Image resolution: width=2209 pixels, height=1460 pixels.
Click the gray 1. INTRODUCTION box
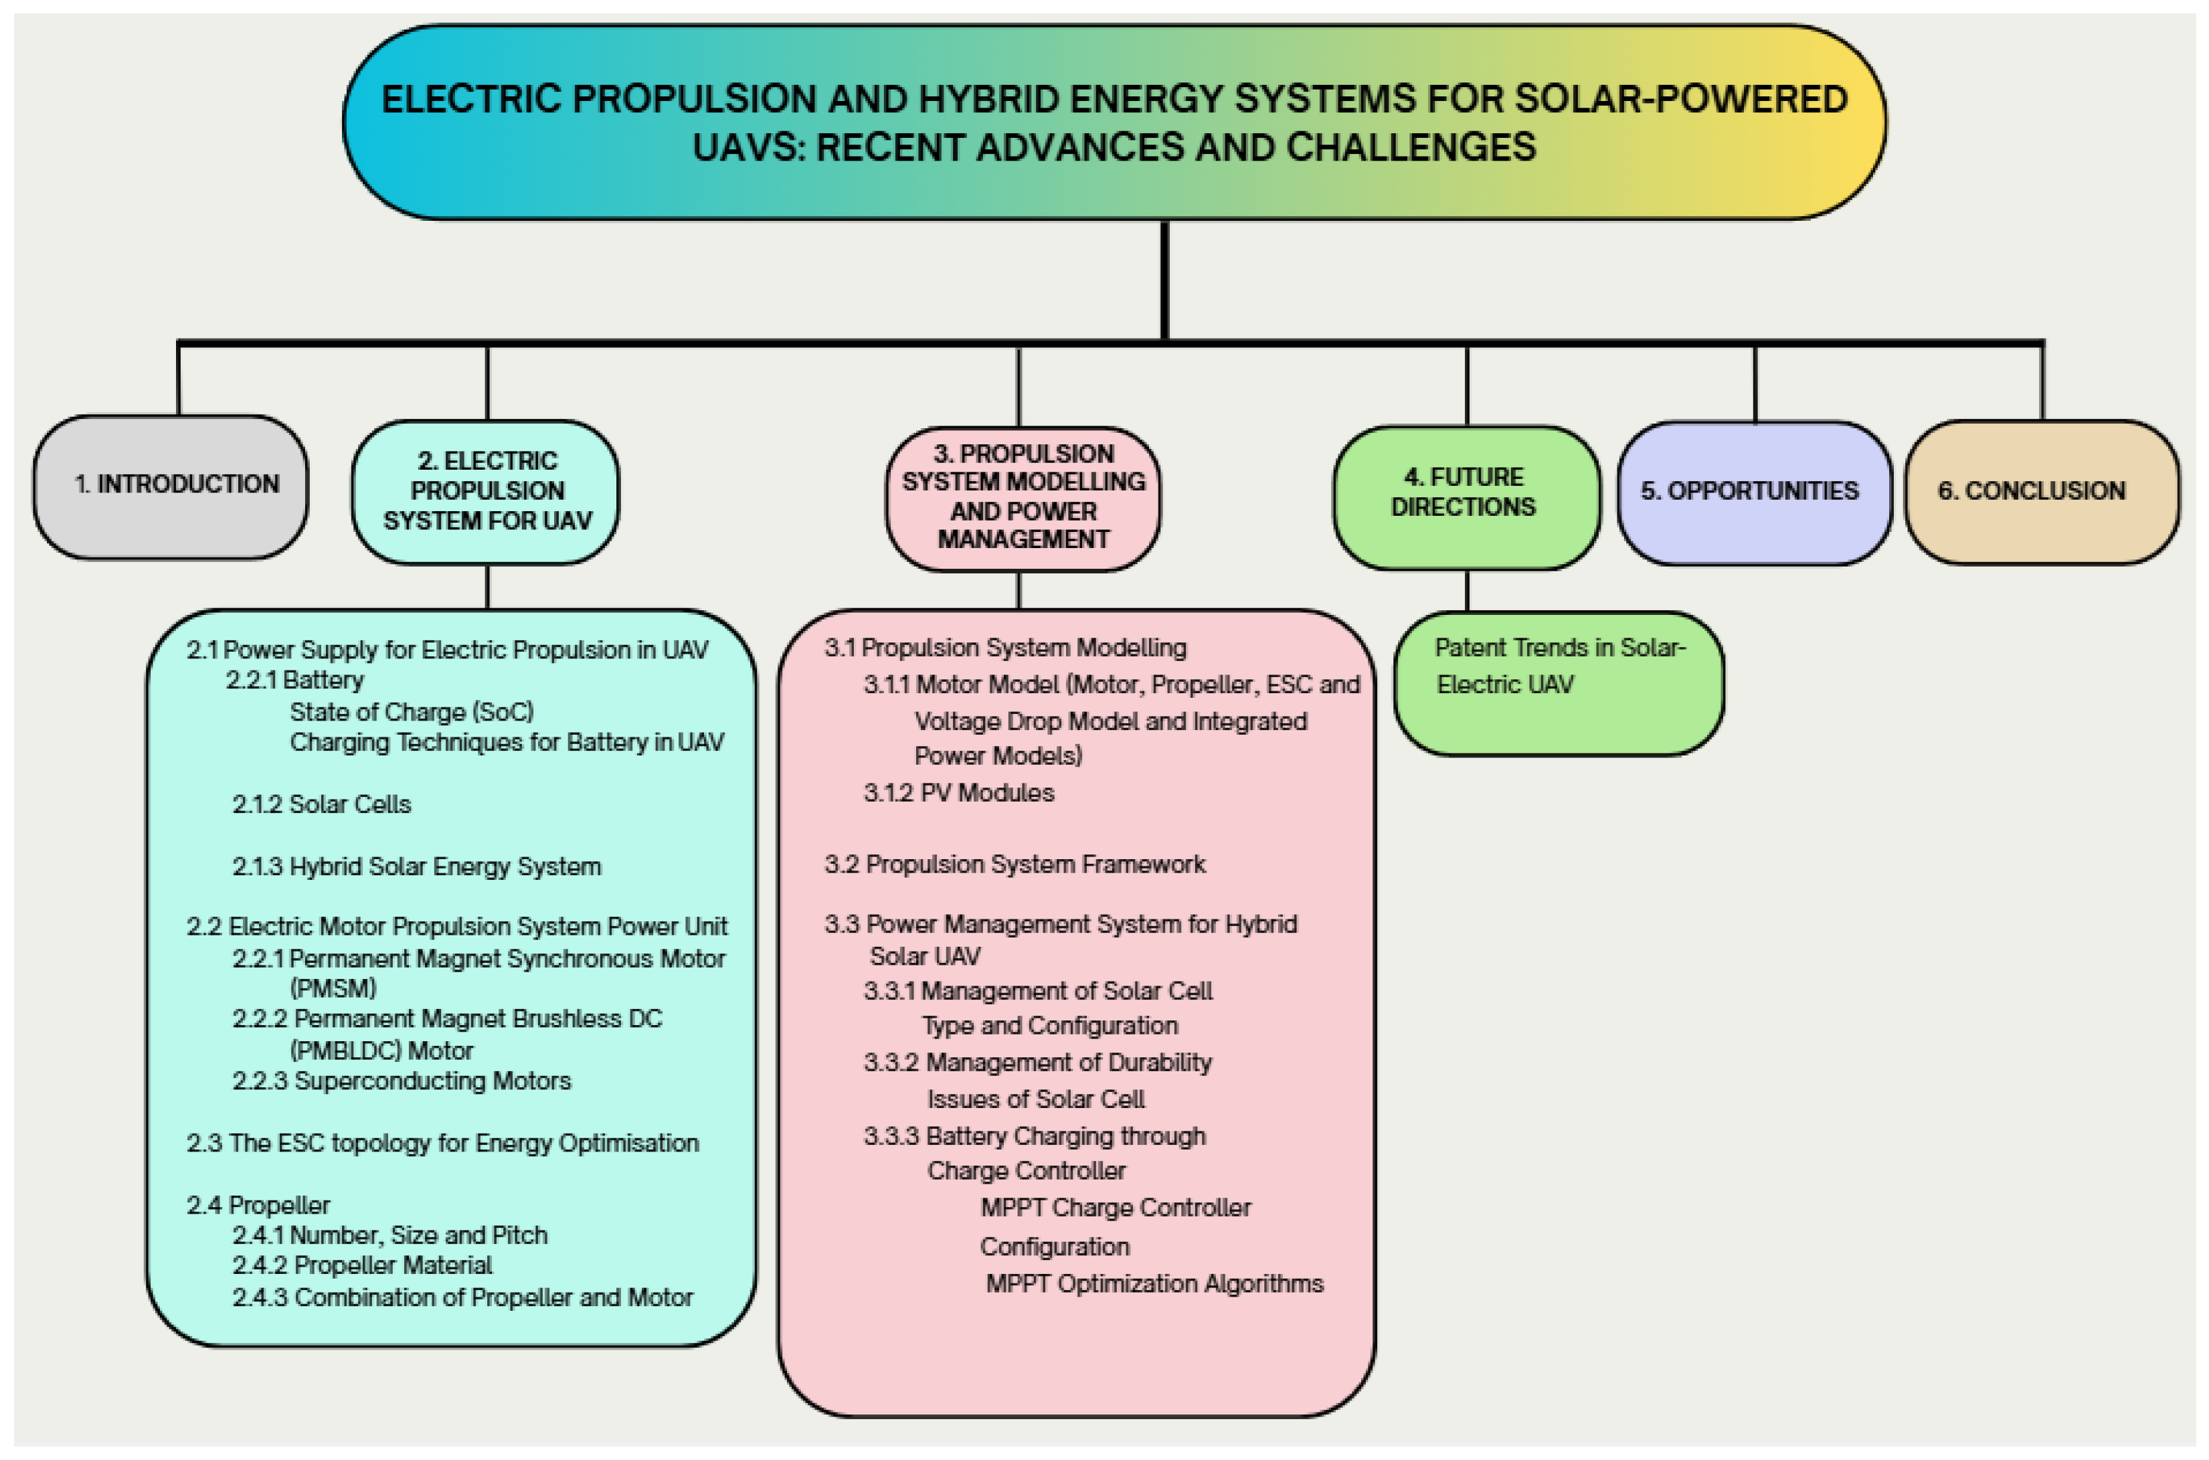(x=171, y=487)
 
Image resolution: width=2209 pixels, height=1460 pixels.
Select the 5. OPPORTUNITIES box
(x=1753, y=492)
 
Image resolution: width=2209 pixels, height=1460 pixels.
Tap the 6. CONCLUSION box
(x=2042, y=492)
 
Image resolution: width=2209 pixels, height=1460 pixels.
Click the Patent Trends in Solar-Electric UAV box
(x=1558, y=682)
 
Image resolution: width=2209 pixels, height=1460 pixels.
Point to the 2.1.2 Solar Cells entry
(x=321, y=804)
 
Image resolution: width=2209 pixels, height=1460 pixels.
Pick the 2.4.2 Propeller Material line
(x=362, y=1265)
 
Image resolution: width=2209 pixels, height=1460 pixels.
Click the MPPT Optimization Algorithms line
(x=1154, y=1284)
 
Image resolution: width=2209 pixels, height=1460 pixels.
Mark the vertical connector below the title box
(x=1164, y=279)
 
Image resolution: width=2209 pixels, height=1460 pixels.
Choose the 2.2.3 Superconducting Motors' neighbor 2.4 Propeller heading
(x=258, y=1206)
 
